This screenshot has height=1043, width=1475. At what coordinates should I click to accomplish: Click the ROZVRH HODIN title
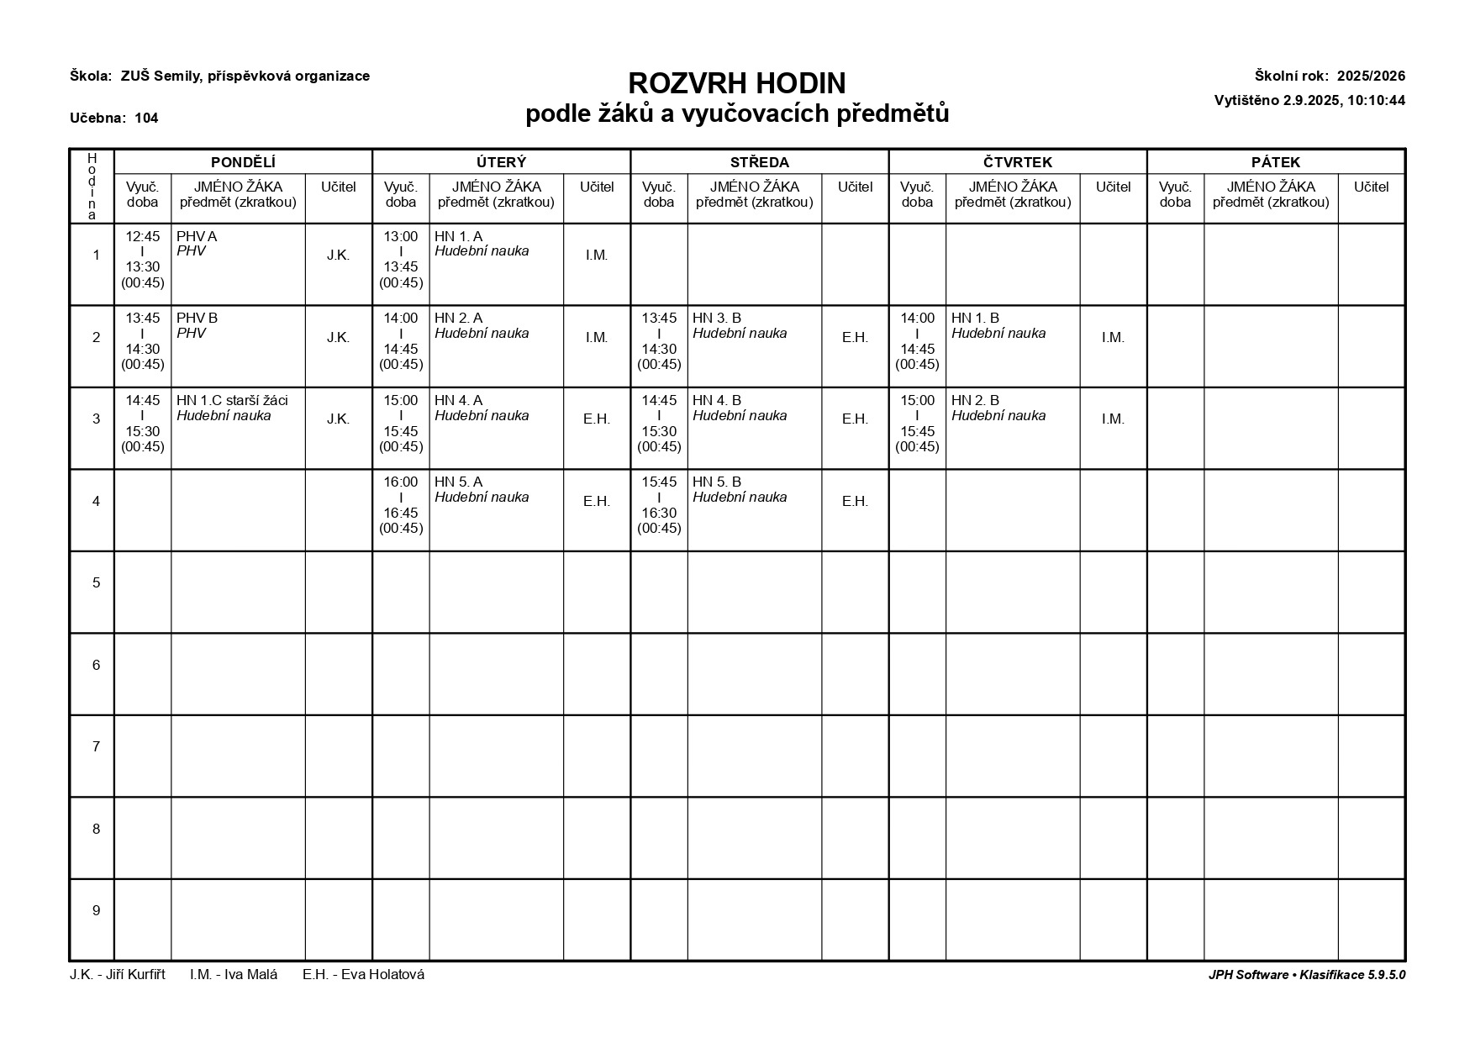click(x=737, y=83)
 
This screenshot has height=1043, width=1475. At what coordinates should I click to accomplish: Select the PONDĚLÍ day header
click(x=243, y=162)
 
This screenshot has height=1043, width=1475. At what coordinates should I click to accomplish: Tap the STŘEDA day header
click(x=759, y=162)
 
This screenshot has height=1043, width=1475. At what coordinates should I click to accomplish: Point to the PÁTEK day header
click(x=1275, y=162)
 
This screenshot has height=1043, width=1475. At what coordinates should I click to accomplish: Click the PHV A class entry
click(x=197, y=237)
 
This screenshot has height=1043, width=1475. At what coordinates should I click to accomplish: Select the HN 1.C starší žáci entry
click(x=232, y=401)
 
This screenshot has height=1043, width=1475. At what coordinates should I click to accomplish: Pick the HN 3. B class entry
click(x=717, y=319)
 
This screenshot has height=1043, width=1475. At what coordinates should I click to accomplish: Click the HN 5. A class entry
click(x=458, y=482)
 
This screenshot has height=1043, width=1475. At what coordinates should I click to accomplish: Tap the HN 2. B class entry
click(x=975, y=401)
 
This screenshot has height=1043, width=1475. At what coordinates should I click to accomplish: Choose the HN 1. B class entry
click(x=975, y=319)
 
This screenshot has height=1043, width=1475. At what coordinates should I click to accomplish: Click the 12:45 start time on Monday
click(x=142, y=237)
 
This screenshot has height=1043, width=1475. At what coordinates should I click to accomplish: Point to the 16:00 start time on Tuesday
click(x=401, y=482)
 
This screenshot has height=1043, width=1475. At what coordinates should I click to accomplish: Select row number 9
click(x=96, y=911)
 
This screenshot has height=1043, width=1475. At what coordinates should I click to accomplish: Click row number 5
click(x=96, y=583)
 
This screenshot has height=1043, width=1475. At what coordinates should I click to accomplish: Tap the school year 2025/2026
click(x=1371, y=76)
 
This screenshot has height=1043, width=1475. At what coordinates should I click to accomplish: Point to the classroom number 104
click(x=146, y=119)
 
